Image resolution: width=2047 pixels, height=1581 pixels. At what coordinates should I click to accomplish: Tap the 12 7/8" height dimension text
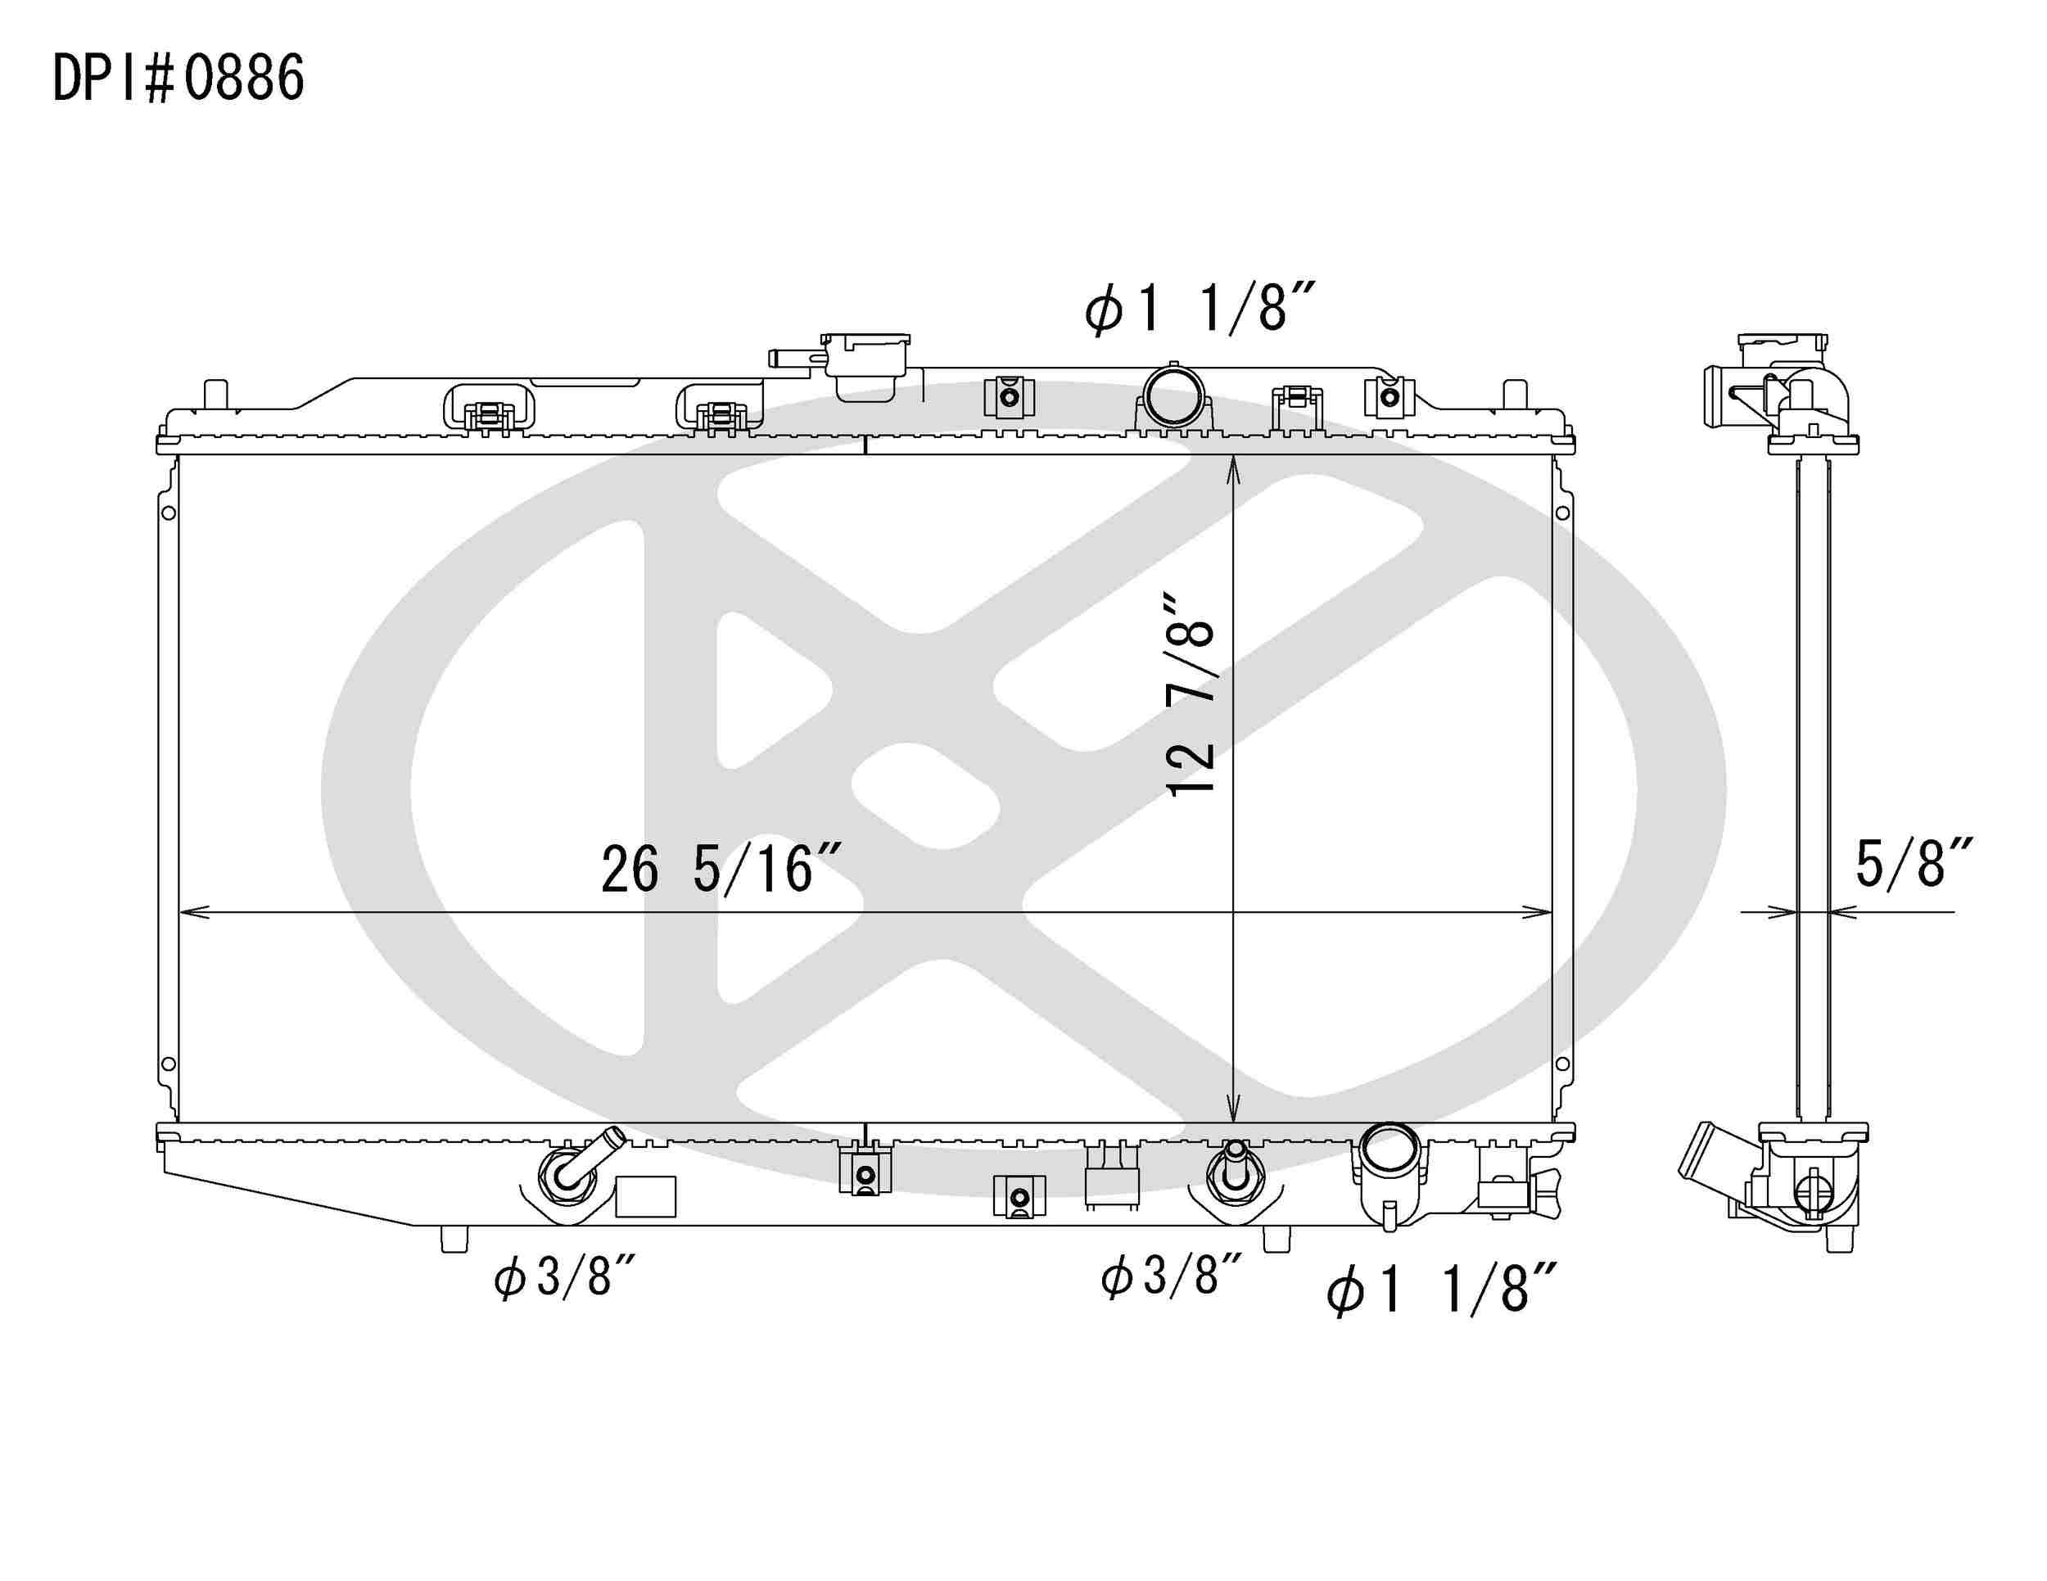pos(1191,693)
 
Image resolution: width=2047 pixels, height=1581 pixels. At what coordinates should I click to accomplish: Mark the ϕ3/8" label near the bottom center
pos(1172,1276)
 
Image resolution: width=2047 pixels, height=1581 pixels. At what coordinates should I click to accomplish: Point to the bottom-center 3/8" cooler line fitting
pos(1235,1172)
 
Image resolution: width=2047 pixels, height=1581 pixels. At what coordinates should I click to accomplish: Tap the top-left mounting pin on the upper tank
pos(215,394)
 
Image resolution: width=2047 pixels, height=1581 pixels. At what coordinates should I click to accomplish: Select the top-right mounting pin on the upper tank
pos(1515,394)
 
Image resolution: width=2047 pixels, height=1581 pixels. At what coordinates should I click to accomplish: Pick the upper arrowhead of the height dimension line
pos(1233,465)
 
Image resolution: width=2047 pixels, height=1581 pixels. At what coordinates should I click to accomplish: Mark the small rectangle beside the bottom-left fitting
pos(645,1197)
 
